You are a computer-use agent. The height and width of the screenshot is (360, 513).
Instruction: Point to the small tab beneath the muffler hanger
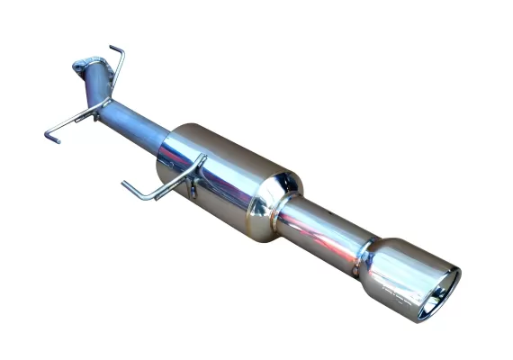[x=191, y=191]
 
